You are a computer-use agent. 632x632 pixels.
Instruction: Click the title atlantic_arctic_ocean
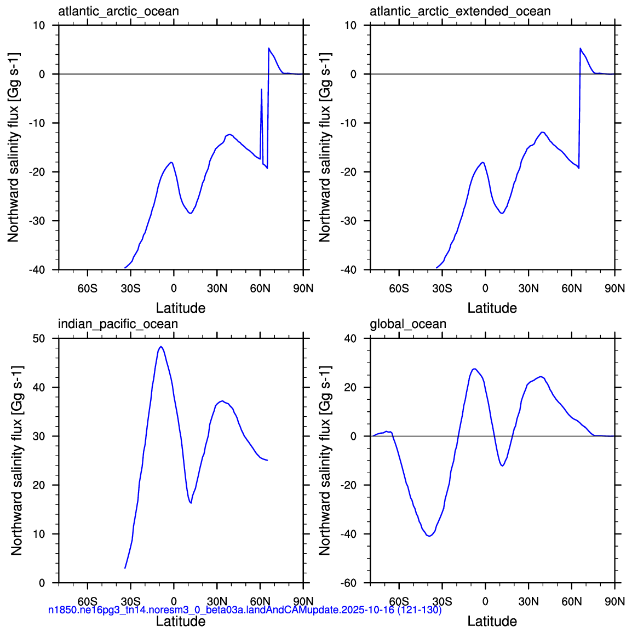(x=118, y=12)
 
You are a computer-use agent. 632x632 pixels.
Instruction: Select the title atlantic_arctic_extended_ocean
(x=460, y=12)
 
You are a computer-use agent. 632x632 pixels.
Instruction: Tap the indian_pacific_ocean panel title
(x=118, y=324)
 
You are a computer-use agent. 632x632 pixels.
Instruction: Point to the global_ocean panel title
(x=408, y=324)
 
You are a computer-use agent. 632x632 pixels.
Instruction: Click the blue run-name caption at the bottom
(x=245, y=610)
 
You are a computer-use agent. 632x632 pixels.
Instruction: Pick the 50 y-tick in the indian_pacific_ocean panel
(x=39, y=338)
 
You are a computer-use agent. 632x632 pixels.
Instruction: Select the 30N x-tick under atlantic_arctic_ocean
(x=217, y=289)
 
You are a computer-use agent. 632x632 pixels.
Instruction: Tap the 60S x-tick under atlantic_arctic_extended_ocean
(x=399, y=289)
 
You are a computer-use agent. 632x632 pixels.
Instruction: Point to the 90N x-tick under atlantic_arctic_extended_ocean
(x=614, y=289)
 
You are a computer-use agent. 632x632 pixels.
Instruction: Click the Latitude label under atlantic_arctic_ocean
(x=181, y=308)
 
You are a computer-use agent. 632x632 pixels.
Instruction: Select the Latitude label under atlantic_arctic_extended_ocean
(x=492, y=308)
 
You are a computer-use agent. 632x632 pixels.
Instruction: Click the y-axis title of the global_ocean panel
(x=325, y=460)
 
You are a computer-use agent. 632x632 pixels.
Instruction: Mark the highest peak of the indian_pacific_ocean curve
(x=161, y=347)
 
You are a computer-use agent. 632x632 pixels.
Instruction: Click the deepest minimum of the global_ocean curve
(x=430, y=536)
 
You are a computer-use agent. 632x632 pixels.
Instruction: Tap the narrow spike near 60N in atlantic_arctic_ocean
(x=262, y=89)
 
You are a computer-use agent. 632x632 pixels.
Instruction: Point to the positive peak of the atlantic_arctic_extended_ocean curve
(x=581, y=48)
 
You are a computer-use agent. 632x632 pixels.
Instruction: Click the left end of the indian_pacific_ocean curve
(x=125, y=568)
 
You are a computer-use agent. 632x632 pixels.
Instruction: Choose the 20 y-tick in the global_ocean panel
(x=351, y=387)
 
